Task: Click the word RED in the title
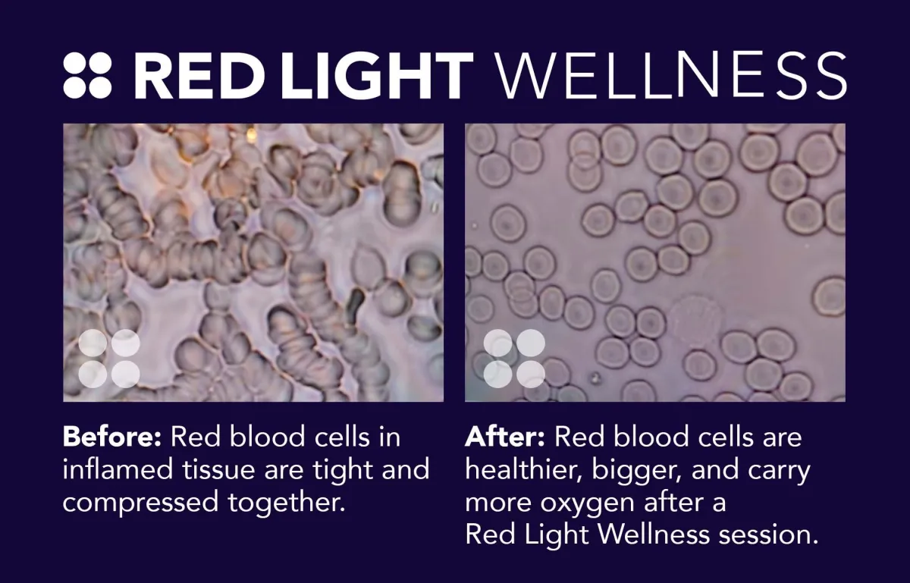click(x=198, y=76)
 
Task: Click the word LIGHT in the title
click(x=377, y=76)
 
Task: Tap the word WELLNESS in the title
click(x=670, y=76)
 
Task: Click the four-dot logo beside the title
click(x=87, y=76)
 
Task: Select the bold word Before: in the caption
click(x=112, y=437)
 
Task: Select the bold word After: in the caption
click(x=505, y=437)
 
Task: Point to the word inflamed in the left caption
click(x=118, y=469)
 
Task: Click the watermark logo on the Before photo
click(x=109, y=359)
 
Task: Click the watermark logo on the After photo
click(x=514, y=359)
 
